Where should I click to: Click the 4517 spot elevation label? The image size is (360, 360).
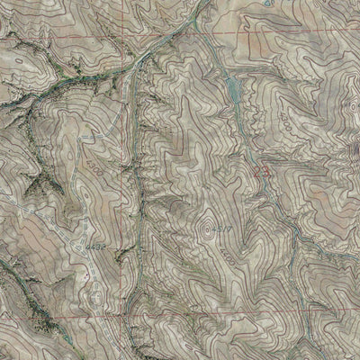point(215,232)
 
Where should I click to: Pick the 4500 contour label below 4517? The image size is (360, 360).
point(222,257)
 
